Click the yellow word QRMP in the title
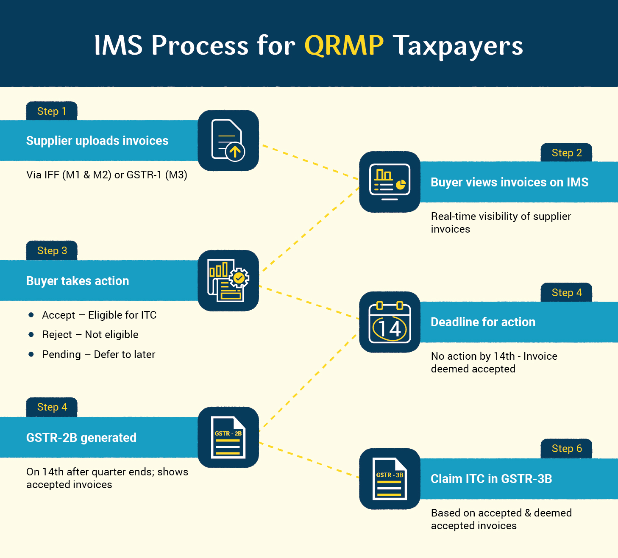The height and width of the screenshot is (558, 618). click(344, 45)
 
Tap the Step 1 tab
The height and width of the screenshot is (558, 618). click(51, 111)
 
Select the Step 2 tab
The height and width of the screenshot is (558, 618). click(566, 153)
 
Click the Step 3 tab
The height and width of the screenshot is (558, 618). click(51, 250)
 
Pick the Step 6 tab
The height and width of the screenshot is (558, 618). click(566, 448)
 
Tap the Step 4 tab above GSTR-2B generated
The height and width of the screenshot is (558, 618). click(51, 407)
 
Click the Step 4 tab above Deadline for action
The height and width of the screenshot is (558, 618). click(566, 292)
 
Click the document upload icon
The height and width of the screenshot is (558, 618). click(228, 140)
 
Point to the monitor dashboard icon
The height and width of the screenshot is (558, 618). click(390, 182)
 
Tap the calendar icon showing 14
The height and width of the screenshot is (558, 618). click(390, 322)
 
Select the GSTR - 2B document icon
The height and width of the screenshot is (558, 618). click(228, 437)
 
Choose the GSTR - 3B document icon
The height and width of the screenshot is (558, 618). click(390, 478)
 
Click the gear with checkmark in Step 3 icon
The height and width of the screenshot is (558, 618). click(239, 278)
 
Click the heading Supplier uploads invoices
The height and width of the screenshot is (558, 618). click(97, 140)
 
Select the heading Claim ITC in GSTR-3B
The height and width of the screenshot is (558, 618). click(491, 478)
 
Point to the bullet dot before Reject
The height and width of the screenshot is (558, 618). click(31, 334)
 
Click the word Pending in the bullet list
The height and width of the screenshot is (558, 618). click(61, 355)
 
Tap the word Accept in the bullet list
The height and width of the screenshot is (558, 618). click(58, 315)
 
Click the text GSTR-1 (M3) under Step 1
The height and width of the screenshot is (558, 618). click(157, 175)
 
